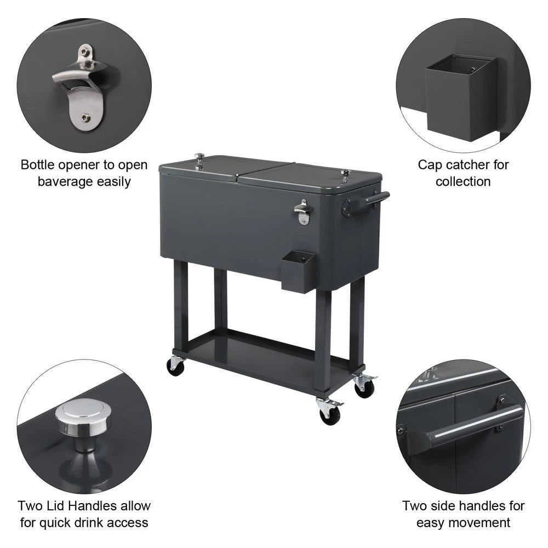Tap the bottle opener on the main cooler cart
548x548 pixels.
pos(302,211)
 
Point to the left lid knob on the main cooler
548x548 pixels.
pos(199,160)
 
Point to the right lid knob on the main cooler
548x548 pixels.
pos(345,175)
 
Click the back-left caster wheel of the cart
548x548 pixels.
pos(175,366)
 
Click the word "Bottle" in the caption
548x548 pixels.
pos(39,165)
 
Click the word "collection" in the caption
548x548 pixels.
pos(463,181)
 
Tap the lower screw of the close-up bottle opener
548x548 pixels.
pos(84,117)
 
